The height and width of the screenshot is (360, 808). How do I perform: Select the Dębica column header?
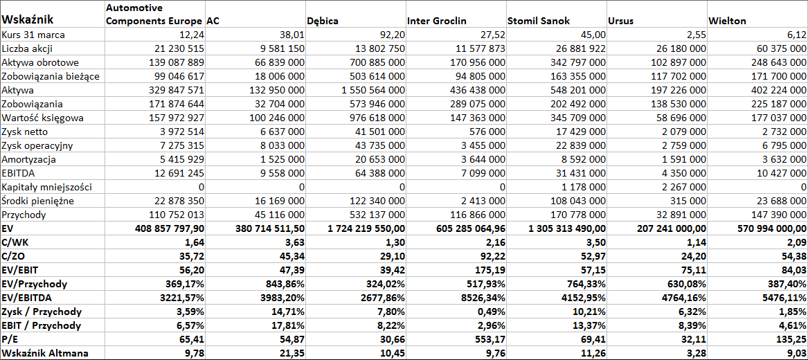tap(323, 21)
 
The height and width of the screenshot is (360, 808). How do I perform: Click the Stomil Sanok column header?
tap(535, 21)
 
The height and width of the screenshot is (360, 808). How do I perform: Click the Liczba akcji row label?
tap(27, 49)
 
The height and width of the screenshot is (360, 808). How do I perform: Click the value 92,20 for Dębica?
tap(391, 35)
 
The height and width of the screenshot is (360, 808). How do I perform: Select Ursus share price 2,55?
tap(695, 35)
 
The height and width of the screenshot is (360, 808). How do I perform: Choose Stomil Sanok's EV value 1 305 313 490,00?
tap(556, 228)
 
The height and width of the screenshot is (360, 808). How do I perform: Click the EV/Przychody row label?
tap(35, 284)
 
